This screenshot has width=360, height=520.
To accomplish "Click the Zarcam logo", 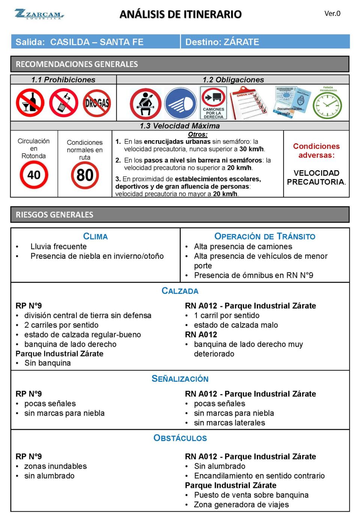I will point(39,14).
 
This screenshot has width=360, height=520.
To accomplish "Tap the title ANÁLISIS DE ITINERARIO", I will point(180,14).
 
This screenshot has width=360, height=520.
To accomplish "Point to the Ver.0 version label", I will point(332,14).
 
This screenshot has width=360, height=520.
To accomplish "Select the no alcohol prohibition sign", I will point(30,103).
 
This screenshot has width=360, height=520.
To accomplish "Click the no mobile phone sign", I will point(64,103).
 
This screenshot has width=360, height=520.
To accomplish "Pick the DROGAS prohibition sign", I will point(97,103).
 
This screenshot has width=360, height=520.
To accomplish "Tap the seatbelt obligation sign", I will point(145,104).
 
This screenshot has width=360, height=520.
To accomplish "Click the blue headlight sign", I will point(180,104).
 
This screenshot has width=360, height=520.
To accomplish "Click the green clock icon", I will point(327,104).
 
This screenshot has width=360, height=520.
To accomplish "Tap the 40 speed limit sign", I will point(34,175).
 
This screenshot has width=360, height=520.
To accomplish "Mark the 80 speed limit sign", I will point(85,175).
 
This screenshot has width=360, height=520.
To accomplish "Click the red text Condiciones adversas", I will point(316,150).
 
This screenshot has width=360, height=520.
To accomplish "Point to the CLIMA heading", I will point(95,236).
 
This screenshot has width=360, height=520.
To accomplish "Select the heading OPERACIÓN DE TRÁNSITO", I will point(265,236).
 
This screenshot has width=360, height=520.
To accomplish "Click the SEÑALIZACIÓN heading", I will point(180,379).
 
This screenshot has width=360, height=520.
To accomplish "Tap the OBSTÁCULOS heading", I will point(180,438).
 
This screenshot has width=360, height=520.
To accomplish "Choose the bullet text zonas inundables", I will point(55,466).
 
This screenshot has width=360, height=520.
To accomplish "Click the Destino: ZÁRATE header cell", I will point(265,42).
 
